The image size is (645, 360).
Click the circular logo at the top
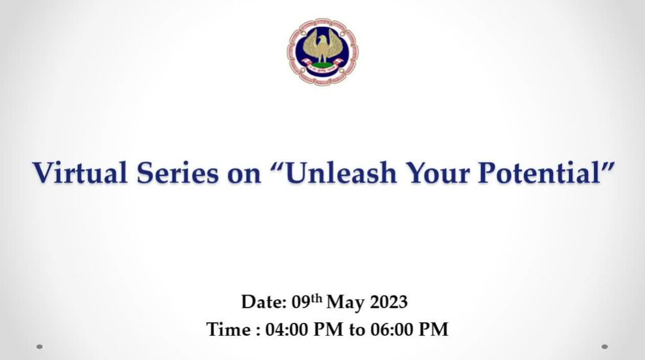323,52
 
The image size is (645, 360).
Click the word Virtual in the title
80,172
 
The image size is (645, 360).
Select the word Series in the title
177,172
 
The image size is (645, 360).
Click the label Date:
264,302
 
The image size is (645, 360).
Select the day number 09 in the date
300,302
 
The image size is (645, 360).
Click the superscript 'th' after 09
316,299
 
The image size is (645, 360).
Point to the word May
345,303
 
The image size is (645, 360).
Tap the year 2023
389,302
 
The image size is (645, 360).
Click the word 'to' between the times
357,331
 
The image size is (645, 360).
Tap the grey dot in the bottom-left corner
40,347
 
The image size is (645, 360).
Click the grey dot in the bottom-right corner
605,347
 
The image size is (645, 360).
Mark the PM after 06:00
433,329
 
